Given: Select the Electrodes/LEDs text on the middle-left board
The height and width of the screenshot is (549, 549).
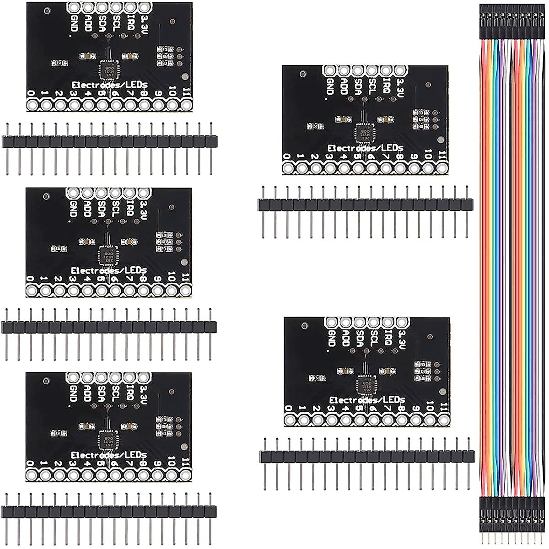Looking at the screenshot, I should (x=109, y=270).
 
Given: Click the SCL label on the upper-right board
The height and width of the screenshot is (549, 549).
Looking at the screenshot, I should (x=373, y=84).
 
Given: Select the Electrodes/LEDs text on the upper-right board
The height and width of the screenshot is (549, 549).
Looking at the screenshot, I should (x=365, y=148).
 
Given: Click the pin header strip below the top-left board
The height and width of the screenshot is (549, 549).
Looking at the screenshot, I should (x=109, y=142).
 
